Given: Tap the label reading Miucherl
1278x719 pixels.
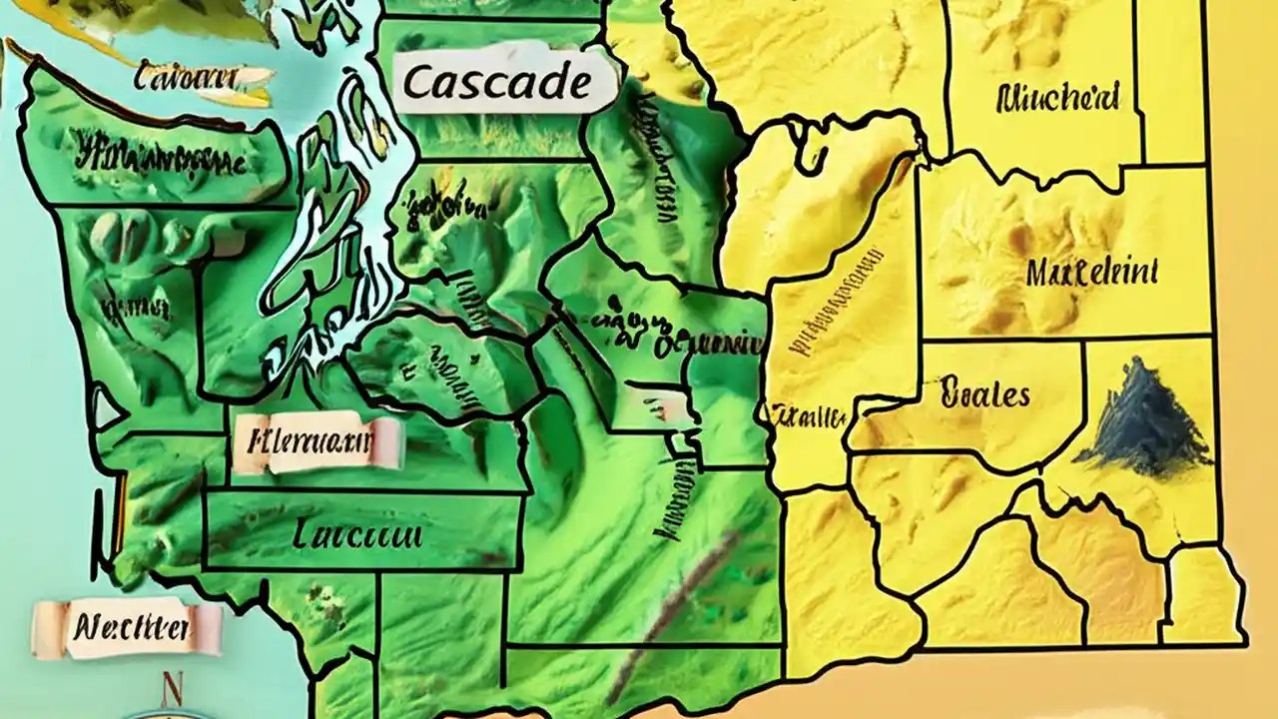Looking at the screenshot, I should pos(1058,98).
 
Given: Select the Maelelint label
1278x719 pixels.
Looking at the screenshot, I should pos(1092,272).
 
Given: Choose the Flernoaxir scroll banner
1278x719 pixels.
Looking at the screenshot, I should pos(316,441).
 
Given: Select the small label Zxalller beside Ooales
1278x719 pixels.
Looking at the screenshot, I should pos(811,414).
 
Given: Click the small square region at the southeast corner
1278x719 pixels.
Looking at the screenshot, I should pos(1204,595).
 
